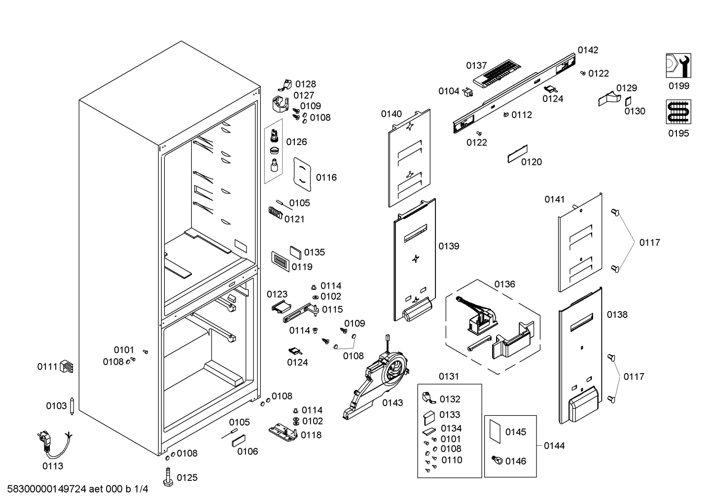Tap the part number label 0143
point(392,403)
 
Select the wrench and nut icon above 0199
point(678,66)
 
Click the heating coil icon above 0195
point(678,112)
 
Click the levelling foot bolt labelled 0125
point(168,477)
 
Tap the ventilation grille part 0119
point(280,262)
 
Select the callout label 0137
point(476,66)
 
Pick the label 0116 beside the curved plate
point(326,177)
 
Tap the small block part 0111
point(67,366)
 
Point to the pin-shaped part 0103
point(71,406)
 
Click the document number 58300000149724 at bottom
point(47,489)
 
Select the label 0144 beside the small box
point(554,446)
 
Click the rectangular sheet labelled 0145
point(495,431)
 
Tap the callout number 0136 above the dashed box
point(505,284)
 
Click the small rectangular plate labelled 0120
point(518,154)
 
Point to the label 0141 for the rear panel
point(555,199)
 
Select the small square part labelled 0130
point(628,102)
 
